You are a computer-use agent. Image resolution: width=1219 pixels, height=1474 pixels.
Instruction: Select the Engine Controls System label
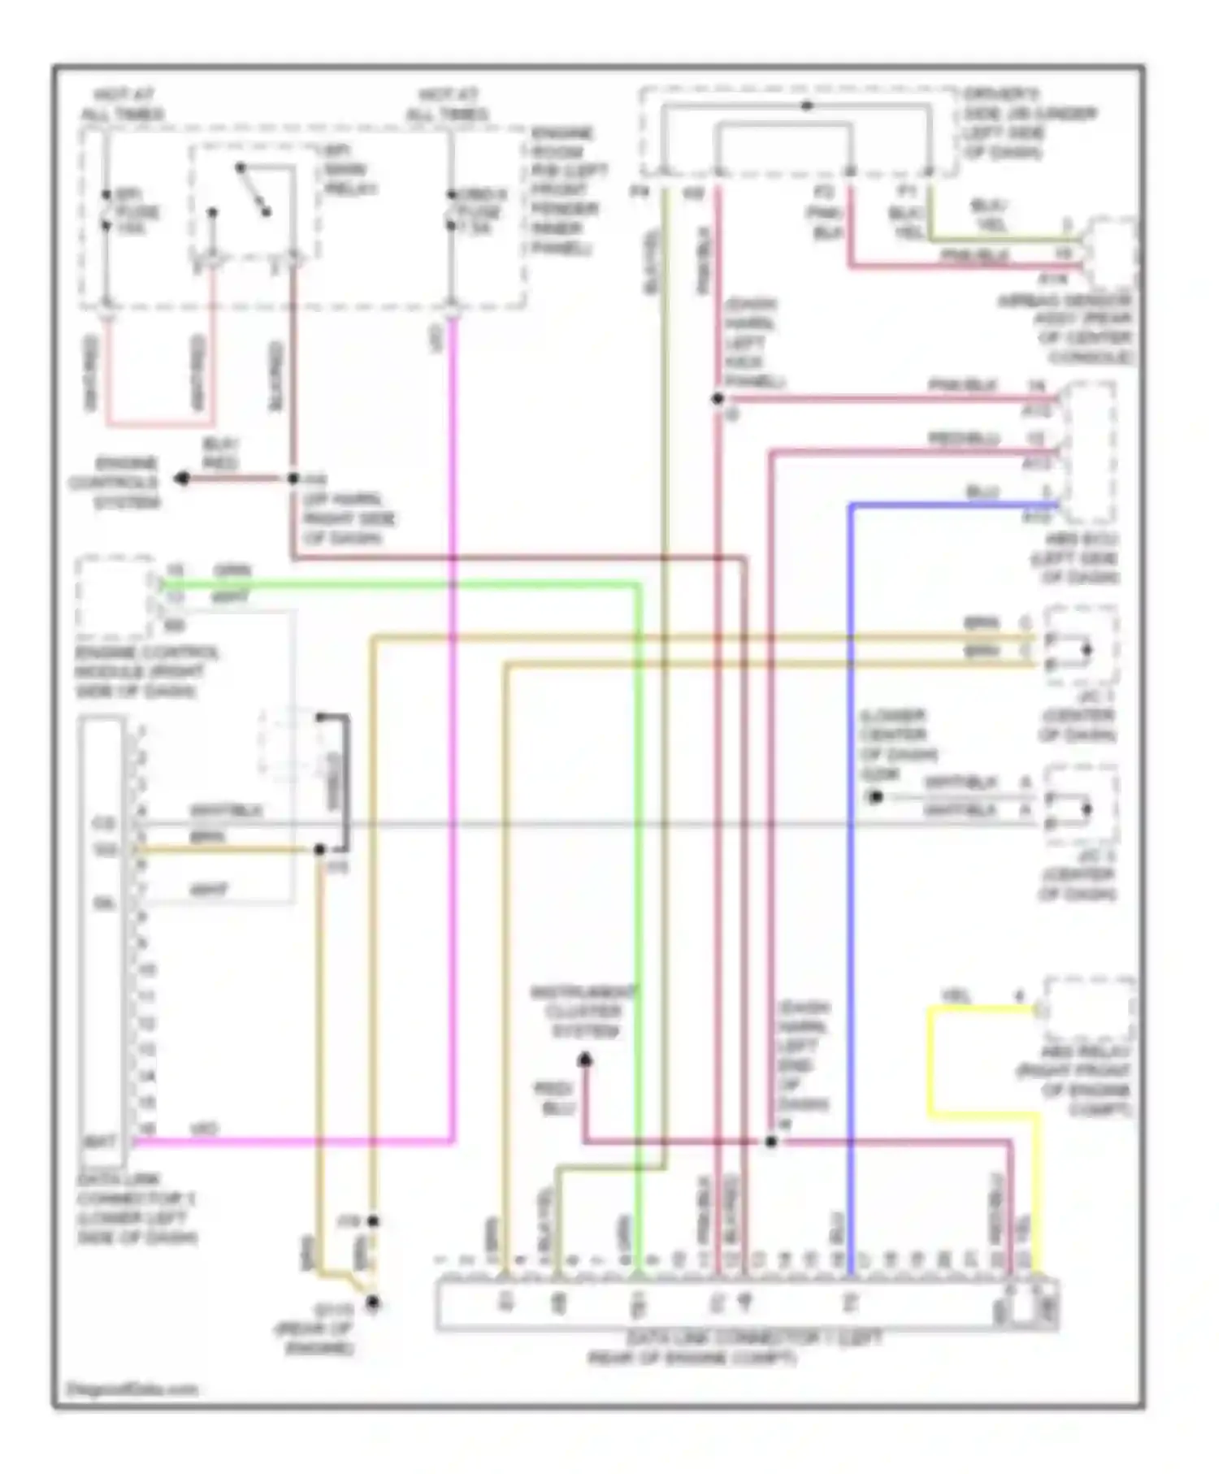coord(115,483)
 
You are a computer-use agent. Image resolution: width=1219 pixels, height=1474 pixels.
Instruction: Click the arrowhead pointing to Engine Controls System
coord(182,479)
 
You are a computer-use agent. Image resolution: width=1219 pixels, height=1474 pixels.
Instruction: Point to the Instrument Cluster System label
coord(584,1012)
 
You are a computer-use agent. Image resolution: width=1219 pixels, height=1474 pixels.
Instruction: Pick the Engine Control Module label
coord(146,672)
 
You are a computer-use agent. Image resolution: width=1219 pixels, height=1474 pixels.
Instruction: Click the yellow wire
coord(931,1056)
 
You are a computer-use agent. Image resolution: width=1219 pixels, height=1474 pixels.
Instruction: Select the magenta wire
coord(452,731)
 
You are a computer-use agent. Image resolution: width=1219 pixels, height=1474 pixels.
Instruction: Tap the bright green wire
coord(639,894)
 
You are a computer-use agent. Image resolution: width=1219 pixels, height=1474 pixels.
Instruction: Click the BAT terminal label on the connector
coord(99,1142)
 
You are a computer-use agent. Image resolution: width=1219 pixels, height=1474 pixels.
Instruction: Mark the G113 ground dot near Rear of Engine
coord(373,1303)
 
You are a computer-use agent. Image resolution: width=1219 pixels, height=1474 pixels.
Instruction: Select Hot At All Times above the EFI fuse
coord(122,105)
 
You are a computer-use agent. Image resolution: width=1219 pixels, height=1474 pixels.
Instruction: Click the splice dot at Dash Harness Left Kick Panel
coord(718,399)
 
